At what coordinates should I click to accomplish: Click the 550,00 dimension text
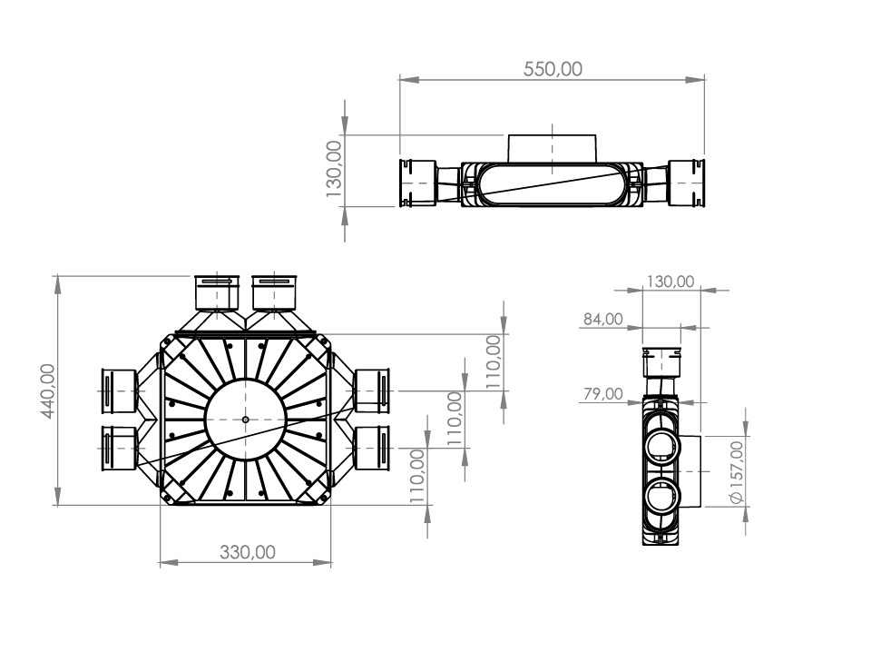click(553, 69)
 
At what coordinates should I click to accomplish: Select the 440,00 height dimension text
click(48, 390)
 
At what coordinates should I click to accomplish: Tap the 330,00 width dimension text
click(248, 552)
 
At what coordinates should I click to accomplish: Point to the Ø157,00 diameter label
click(737, 472)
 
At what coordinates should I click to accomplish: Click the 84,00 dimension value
click(602, 319)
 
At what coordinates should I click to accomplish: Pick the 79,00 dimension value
click(602, 393)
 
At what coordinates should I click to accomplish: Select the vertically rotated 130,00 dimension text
click(333, 169)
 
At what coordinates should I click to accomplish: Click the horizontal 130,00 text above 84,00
click(670, 282)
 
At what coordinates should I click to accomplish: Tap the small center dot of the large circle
click(246, 420)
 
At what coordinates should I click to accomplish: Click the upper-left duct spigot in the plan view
click(217, 292)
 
